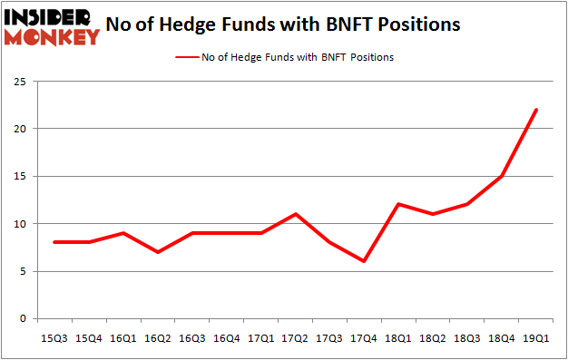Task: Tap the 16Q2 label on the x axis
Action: point(159,338)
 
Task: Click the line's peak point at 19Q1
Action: point(536,110)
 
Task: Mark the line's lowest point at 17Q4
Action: point(363,261)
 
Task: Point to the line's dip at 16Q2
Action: point(159,252)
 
